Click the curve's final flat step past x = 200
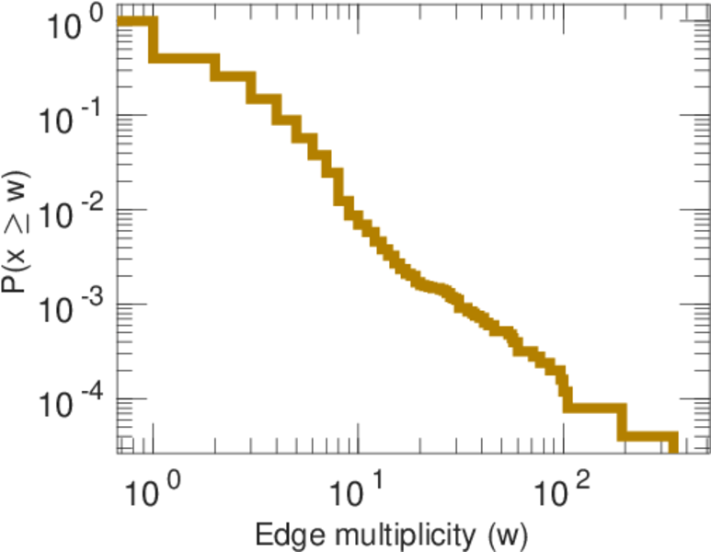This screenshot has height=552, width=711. click(x=648, y=435)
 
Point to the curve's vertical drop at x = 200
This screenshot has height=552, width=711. click(x=622, y=420)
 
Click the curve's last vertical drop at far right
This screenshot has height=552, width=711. click(x=672, y=443)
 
